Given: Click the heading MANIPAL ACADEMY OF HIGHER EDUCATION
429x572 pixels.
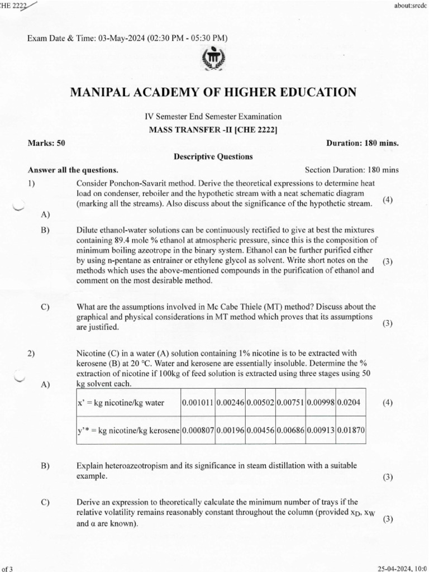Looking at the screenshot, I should pos(213,92).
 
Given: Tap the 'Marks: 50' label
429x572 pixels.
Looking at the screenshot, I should pos(47,143).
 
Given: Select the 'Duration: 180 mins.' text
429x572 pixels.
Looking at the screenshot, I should pos(362,143).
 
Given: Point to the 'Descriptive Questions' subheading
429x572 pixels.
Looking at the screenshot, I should pos(214,157).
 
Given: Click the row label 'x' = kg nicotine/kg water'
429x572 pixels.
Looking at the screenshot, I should pos(121,403).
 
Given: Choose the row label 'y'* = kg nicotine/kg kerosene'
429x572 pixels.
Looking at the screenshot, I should pos(128,430).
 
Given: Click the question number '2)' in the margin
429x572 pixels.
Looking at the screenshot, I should pos(32,353).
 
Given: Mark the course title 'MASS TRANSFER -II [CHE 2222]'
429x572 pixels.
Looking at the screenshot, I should pos(213,130).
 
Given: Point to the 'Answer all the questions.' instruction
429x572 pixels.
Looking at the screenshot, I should pos(73,170).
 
